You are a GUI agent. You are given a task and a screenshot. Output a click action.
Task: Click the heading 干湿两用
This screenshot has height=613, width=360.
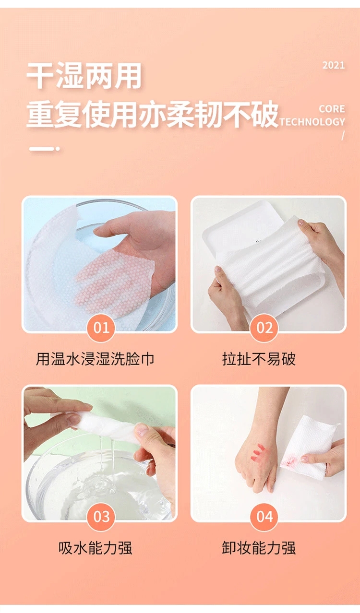(x=84, y=75)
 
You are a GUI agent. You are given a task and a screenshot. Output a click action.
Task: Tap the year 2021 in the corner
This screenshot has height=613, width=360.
(x=333, y=65)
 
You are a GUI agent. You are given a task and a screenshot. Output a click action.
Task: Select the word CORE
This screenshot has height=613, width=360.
(x=332, y=109)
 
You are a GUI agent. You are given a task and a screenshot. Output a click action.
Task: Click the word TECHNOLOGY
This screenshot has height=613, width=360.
(x=312, y=122)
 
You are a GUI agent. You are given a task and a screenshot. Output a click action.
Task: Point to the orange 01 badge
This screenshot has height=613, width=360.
(x=101, y=328)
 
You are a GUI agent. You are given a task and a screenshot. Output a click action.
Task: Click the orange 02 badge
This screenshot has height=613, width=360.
(x=264, y=328)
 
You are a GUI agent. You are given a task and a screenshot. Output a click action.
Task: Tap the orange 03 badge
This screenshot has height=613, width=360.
(x=101, y=517)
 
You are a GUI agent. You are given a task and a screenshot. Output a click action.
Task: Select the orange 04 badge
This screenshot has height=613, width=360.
(x=264, y=517)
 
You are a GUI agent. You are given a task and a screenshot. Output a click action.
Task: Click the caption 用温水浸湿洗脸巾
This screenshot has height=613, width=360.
(x=95, y=359)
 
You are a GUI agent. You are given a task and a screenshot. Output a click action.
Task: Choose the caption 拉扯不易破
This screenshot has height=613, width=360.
(x=259, y=359)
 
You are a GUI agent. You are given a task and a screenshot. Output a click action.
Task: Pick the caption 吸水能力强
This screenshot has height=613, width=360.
(x=95, y=548)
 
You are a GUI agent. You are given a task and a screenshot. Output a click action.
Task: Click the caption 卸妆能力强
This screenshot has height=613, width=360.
(x=259, y=548)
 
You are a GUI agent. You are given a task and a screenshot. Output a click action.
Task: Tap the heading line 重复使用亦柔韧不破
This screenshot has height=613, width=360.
(x=152, y=114)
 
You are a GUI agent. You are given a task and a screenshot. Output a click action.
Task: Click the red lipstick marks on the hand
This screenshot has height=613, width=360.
(x=258, y=453)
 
